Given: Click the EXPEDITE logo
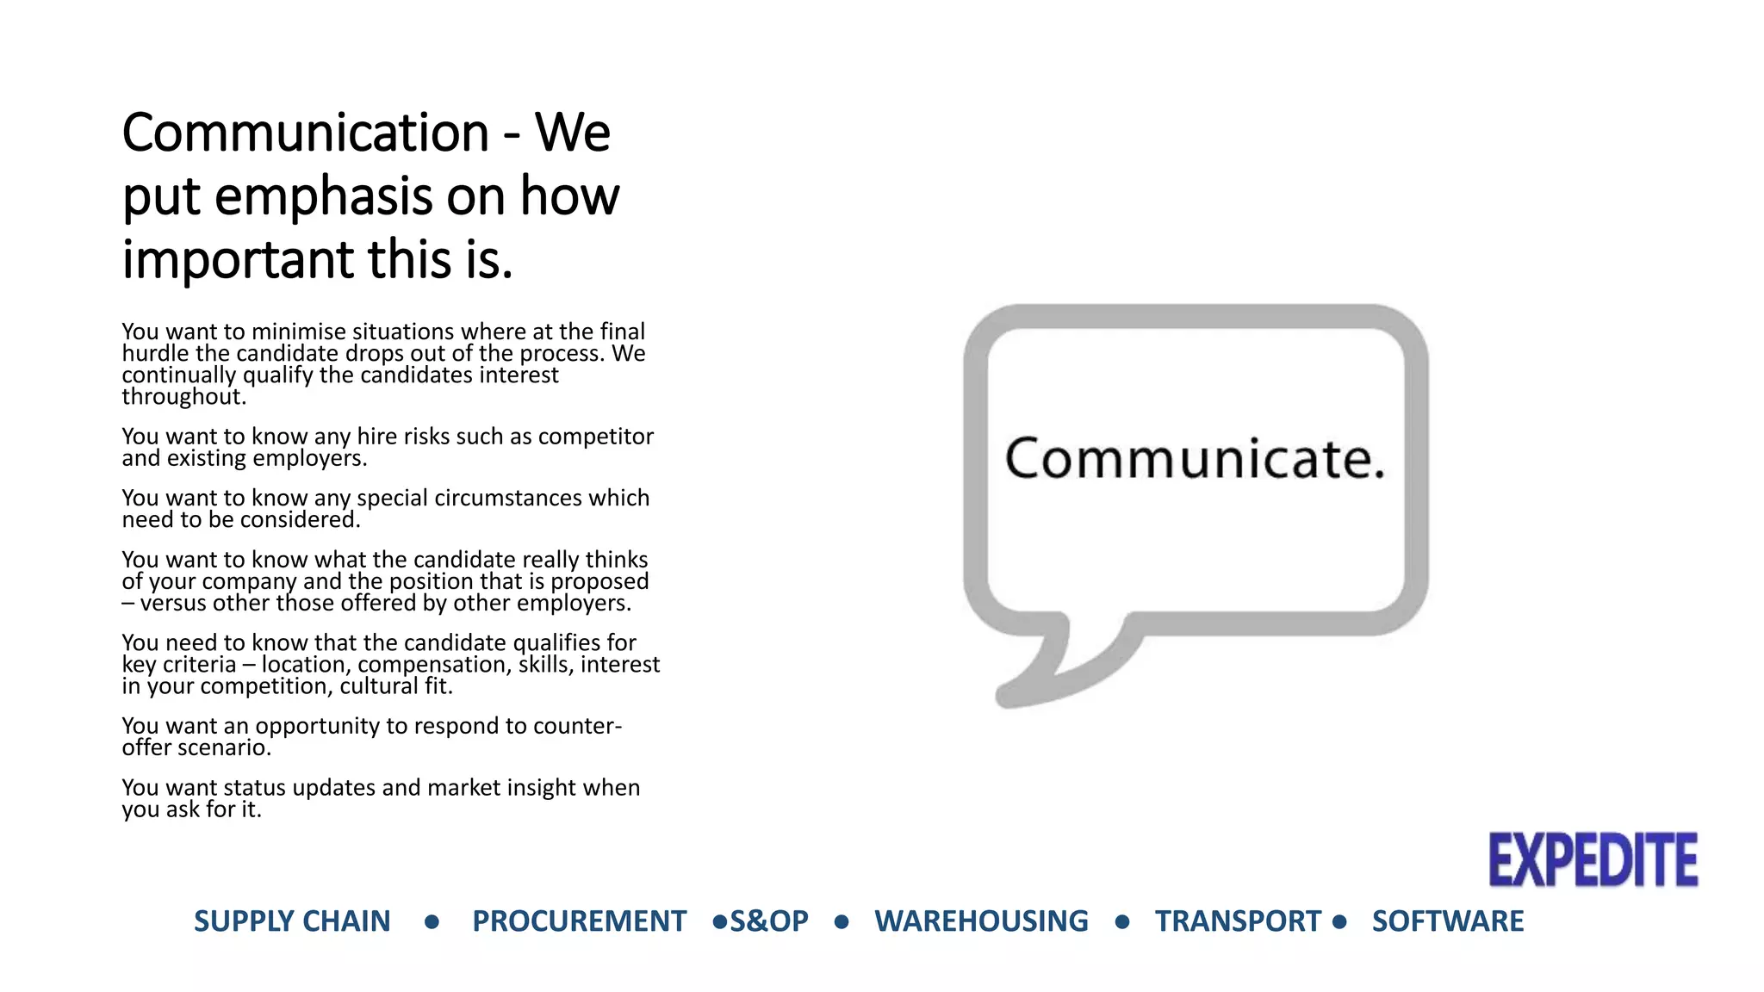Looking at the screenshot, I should click(1593, 859).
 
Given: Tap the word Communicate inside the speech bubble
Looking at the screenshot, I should click(1194, 458).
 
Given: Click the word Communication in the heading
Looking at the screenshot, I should click(306, 133).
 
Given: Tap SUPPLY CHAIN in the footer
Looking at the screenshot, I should click(292, 921).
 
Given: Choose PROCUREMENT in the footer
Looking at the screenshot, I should click(579, 921).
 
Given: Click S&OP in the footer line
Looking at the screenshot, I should click(769, 921).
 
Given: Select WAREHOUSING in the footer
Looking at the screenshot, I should click(981, 921).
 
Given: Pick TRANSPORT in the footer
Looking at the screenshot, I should click(1238, 921).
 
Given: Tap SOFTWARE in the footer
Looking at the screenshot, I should click(1447, 921).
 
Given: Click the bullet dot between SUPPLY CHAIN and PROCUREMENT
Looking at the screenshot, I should click(432, 922).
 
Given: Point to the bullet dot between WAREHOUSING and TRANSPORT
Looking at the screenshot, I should click(1121, 922).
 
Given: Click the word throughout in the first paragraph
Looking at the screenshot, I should click(183, 397).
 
